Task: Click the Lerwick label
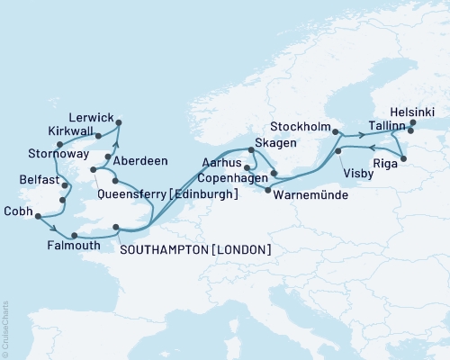90,117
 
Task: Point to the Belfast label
39,180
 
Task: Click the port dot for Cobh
37,215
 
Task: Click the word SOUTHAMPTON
159,249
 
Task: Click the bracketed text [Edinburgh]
206,194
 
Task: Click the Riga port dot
403,159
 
